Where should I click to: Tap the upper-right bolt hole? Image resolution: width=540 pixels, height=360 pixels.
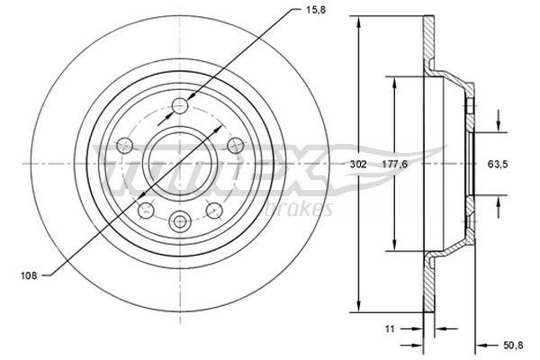tap(235, 144)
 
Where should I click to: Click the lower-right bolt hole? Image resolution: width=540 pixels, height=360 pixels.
tap(214, 209)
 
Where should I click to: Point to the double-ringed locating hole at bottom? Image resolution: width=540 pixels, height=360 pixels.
tap(181, 220)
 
